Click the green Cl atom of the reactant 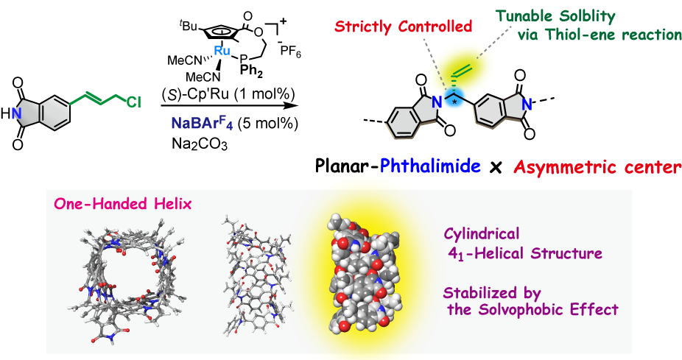[x=133, y=102]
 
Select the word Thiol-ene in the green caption [x=613, y=35]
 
